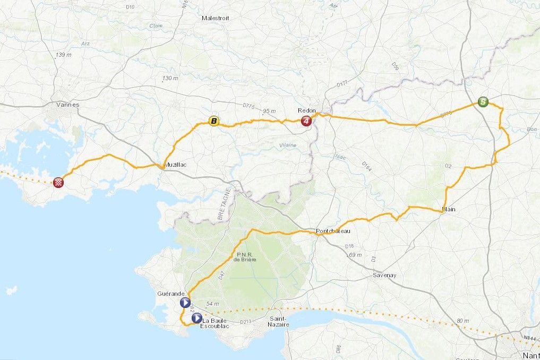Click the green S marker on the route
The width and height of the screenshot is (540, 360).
tap(483, 101)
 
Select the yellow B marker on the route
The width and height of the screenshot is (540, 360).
tap(213, 122)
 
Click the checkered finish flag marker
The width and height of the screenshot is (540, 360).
tap(59, 183)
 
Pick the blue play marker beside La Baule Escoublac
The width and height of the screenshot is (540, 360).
tap(196, 318)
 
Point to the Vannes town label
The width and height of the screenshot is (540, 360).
tap(68, 105)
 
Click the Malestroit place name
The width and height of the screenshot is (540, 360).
tap(215, 18)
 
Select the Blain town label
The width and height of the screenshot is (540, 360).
tap(449, 209)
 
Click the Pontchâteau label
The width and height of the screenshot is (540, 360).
tap(333, 231)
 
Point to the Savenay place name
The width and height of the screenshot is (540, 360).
tap(385, 275)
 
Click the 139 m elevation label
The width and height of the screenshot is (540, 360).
tap(63, 55)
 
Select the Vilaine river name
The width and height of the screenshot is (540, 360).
tap(287, 145)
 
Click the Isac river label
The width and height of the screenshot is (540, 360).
tap(340, 157)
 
